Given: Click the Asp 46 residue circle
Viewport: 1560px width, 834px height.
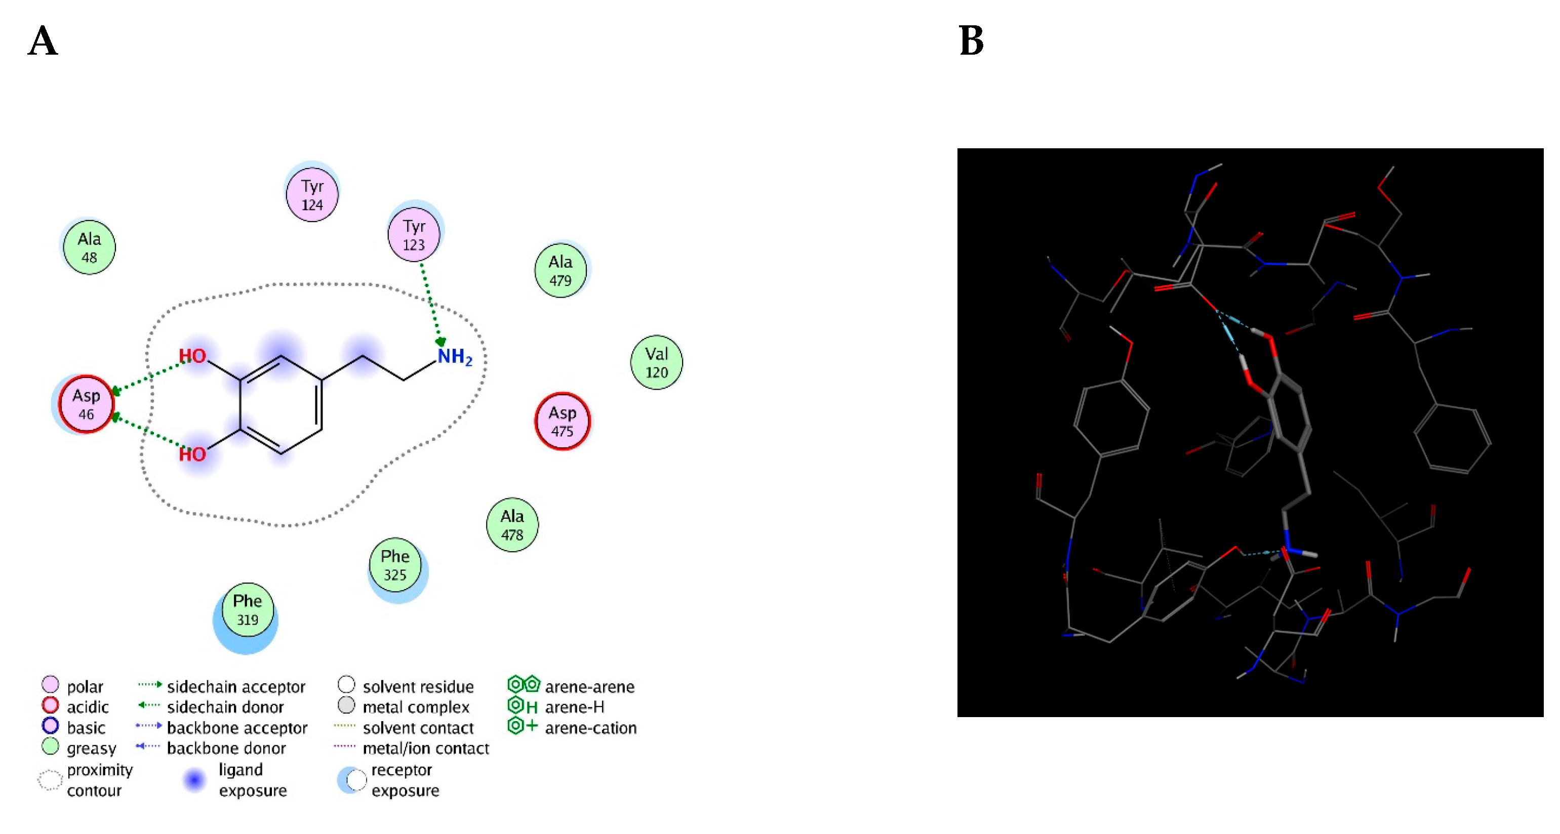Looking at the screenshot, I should pos(86,404).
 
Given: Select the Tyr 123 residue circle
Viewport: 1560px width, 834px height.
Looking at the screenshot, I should pos(414,235).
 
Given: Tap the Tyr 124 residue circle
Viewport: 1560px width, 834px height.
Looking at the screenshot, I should pos(312,195).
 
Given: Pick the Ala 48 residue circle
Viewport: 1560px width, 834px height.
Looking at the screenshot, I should pos(89,247).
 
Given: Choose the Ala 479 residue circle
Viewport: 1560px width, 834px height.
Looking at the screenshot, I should pos(560,271).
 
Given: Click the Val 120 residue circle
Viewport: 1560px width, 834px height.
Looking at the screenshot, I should pos(657,362).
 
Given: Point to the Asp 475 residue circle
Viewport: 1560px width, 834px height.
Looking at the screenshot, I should pos(562,421).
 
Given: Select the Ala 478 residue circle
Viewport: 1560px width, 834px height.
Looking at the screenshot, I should pos(512,525).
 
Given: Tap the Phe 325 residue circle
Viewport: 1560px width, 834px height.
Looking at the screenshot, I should pos(395,565).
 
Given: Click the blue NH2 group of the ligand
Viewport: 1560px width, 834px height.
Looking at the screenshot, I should pos(454,356).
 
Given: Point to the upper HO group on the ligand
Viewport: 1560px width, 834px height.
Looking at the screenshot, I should pos(192,356).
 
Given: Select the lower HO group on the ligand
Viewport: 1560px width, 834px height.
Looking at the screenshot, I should pos(192,454).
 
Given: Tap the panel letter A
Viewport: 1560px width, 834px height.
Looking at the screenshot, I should pos(43,41).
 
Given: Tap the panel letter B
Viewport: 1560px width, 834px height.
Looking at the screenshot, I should pos(971,41).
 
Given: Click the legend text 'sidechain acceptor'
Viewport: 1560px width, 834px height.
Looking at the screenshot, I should pos(236,686).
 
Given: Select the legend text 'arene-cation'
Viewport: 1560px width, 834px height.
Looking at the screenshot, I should pos(590,728).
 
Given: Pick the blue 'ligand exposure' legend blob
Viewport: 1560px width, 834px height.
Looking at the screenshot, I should pos(194,780).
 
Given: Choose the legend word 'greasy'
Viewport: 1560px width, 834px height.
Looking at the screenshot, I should pos(92,748).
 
